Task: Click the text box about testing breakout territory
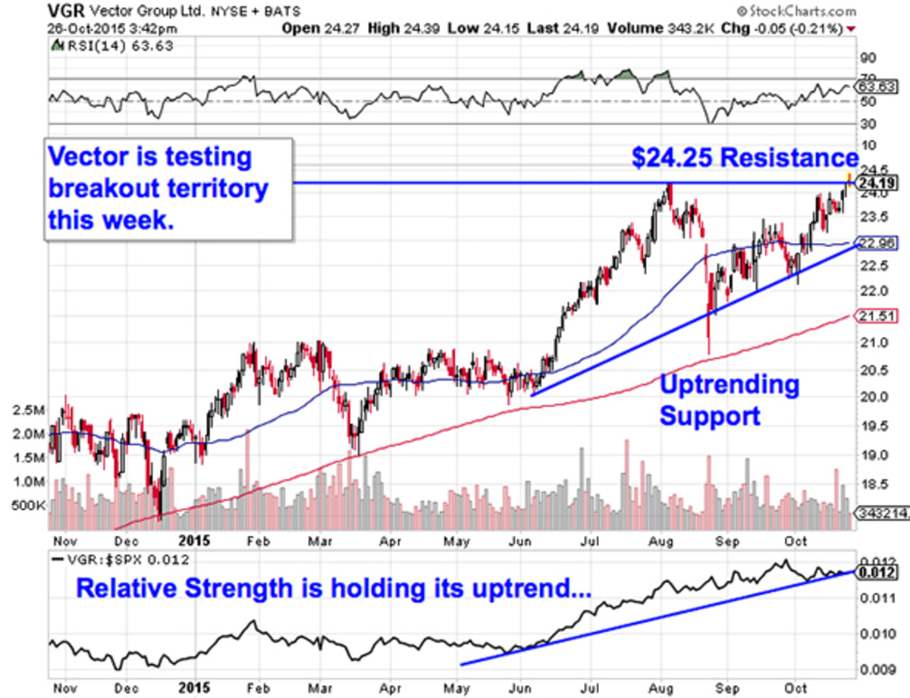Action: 168,189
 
